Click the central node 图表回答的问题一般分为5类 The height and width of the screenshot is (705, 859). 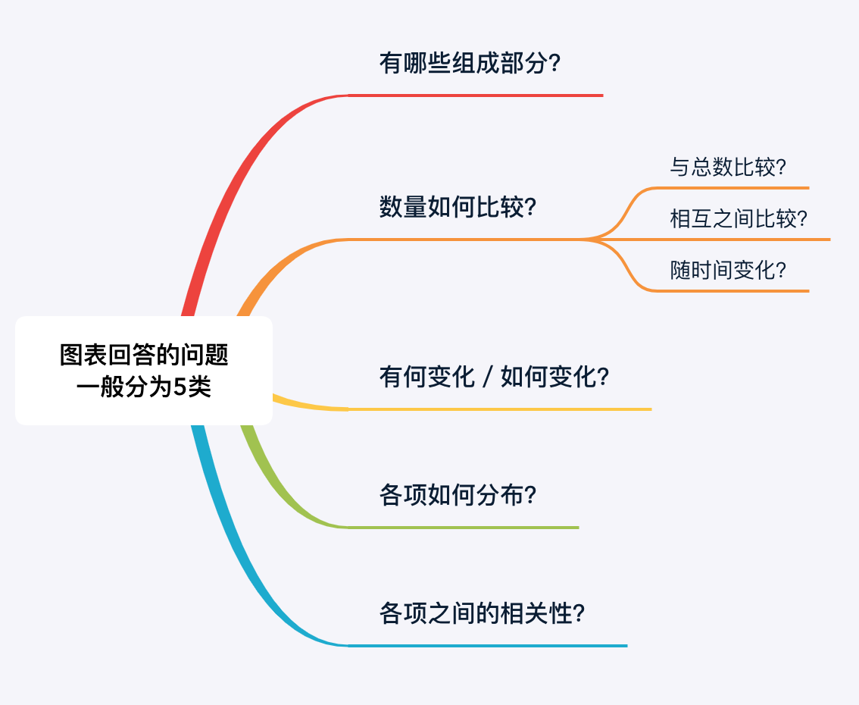[x=144, y=371]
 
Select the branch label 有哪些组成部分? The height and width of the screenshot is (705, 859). [x=470, y=62]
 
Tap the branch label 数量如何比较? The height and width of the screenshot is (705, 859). [x=458, y=207]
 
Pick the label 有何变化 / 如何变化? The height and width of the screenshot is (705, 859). [x=494, y=377]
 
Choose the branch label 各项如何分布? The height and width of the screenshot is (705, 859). [x=458, y=495]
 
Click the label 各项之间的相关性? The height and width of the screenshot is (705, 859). [x=482, y=613]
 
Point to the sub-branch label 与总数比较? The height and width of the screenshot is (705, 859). [x=727, y=167]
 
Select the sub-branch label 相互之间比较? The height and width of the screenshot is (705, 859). [x=738, y=219]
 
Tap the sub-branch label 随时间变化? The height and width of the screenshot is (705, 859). [x=727, y=270]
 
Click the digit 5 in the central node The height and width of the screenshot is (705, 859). [x=180, y=387]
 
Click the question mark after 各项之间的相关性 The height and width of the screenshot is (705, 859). [x=579, y=613]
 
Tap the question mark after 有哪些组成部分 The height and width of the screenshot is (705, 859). [x=554, y=62]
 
